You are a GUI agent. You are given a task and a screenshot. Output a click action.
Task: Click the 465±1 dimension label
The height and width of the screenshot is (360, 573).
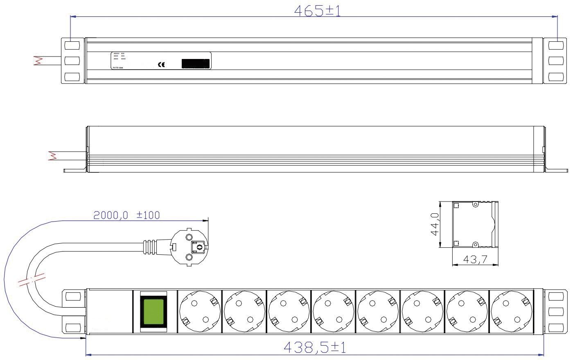[x=317, y=11]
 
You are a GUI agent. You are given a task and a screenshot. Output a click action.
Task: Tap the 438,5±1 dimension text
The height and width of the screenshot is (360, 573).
[x=315, y=348]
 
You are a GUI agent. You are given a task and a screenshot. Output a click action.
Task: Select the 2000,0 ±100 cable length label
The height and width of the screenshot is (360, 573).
[x=126, y=215]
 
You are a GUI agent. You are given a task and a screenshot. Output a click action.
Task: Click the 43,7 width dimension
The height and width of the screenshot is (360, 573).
[x=474, y=259]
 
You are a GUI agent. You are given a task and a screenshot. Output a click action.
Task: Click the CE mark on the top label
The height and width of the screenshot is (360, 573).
[x=161, y=64]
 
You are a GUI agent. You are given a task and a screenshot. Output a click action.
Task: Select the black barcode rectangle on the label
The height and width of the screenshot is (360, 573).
[x=196, y=63]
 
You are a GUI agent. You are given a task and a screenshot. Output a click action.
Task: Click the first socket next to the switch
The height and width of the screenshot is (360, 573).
[x=199, y=311]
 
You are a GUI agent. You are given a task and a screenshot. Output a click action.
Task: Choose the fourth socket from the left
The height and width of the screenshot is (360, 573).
[x=333, y=311]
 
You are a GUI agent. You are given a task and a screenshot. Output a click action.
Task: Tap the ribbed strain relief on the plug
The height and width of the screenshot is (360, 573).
[x=150, y=247]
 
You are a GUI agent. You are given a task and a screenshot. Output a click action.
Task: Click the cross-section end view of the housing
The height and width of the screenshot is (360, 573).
[x=475, y=224]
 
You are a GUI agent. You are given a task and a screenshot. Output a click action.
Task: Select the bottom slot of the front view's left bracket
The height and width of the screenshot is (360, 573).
[x=72, y=327]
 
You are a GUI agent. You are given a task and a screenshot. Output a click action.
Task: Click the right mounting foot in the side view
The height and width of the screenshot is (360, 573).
[x=557, y=170]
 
